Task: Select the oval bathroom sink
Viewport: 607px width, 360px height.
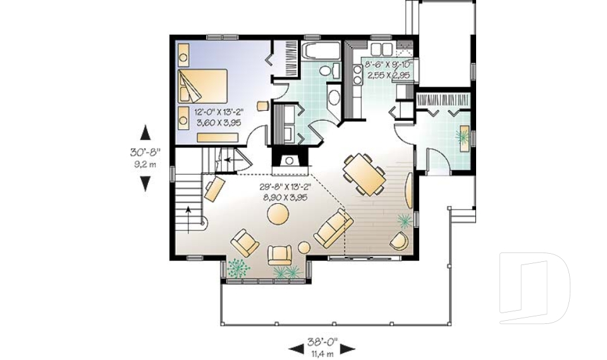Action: click(x=333, y=97)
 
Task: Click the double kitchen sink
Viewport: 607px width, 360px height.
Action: click(x=381, y=49)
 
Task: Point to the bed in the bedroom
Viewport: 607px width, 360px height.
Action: click(x=202, y=86)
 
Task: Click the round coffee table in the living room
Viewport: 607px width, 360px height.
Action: click(x=278, y=214)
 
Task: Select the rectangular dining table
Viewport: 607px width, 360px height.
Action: click(x=364, y=174)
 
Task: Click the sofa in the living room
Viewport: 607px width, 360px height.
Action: click(x=333, y=228)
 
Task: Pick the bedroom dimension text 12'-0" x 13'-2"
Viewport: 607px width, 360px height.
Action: click(x=219, y=113)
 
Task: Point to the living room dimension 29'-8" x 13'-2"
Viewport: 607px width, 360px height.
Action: click(x=286, y=187)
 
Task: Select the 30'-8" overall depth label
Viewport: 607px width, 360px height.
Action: click(x=145, y=152)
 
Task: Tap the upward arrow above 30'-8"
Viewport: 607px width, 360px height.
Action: click(x=145, y=132)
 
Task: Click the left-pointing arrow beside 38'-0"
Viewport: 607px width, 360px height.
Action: click(x=297, y=349)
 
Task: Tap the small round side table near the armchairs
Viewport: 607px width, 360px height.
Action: click(x=304, y=247)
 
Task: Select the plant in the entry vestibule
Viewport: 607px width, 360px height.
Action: click(x=462, y=136)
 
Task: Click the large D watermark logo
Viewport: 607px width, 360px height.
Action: click(x=534, y=287)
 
